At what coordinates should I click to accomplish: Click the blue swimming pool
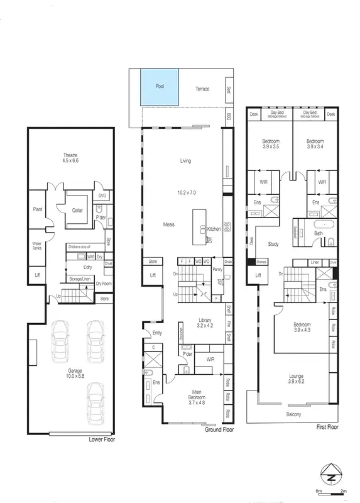pos(160,86)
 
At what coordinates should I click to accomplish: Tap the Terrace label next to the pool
pos(202,89)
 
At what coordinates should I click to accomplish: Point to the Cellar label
pos(77,210)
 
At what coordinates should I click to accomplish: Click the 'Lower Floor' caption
pos(102,439)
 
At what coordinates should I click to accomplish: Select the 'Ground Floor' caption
pos(219,431)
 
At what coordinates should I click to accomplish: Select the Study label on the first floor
pos(273,244)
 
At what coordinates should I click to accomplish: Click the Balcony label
pos(293,414)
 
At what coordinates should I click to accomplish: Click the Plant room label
pos(37,210)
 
